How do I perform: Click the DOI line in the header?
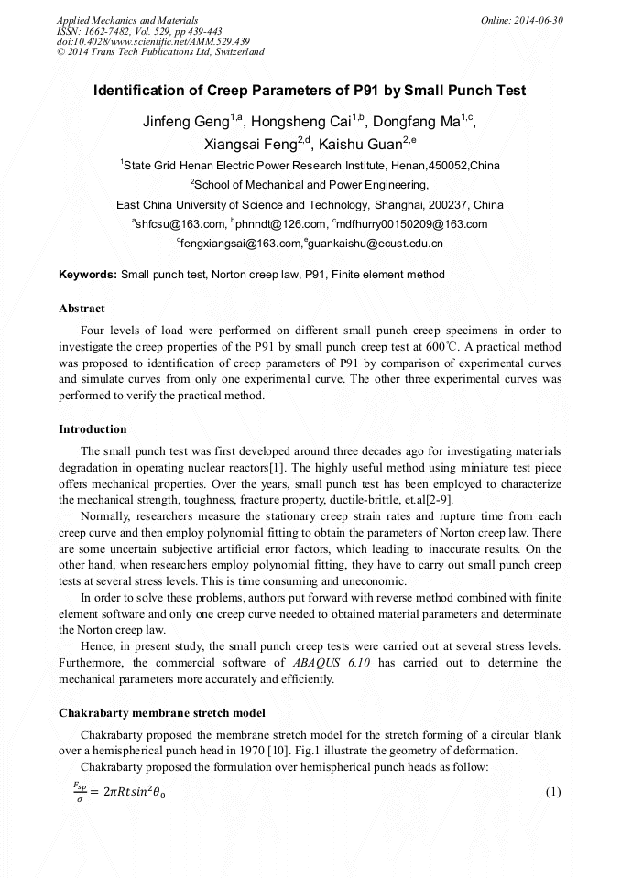click(154, 41)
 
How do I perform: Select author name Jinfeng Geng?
click(185, 121)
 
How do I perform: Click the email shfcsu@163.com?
click(180, 223)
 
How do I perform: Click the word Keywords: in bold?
click(88, 275)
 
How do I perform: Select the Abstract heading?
click(82, 309)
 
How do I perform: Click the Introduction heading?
click(93, 429)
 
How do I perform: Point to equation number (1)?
click(552, 791)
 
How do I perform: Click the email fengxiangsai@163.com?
click(240, 244)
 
